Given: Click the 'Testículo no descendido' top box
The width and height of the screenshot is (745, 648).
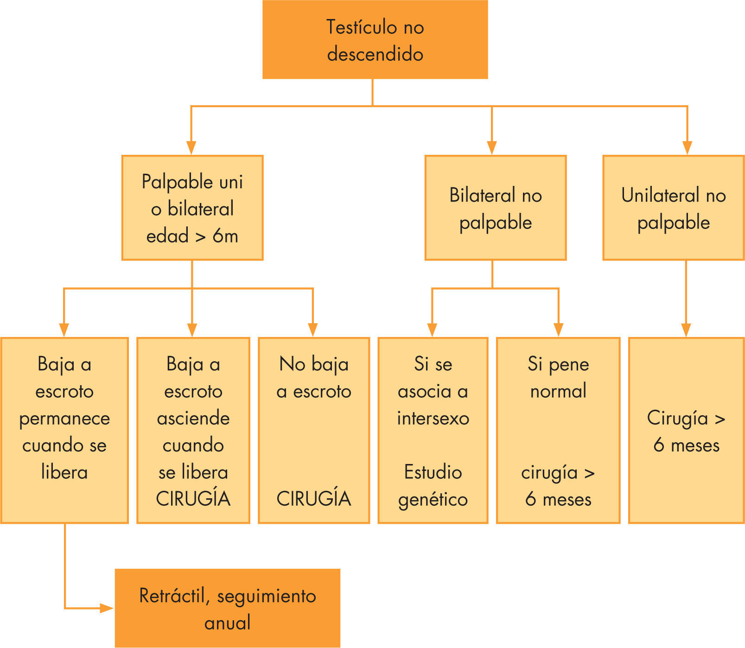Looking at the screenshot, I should coord(375,39).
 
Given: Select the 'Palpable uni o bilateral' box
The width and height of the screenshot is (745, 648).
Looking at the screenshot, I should coord(192,208).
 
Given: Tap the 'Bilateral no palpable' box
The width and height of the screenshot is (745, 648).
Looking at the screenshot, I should coord(495,208).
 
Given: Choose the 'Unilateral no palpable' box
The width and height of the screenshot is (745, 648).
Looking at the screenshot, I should coord(673,208).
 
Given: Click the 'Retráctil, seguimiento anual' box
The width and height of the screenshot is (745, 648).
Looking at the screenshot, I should coord(227,608).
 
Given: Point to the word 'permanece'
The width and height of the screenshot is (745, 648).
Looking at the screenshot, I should coord(64,419).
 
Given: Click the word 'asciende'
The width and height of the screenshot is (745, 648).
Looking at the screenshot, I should coord(193,419).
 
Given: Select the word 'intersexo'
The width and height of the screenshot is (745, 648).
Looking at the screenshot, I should coord(433,419).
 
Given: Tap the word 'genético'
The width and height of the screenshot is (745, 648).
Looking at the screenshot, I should coord(433,500).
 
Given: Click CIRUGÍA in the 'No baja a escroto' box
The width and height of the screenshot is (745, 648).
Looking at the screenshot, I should coord(314,499).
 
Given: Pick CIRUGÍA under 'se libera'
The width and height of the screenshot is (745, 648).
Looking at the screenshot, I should coord(193,499).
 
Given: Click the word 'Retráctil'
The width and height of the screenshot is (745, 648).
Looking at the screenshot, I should coord(172,596).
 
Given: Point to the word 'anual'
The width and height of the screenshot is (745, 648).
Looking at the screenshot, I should coord(227,623).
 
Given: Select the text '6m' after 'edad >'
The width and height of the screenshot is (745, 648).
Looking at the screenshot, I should coord(225,236).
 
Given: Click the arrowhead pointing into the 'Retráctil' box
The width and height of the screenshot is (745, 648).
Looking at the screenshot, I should coord(107,608).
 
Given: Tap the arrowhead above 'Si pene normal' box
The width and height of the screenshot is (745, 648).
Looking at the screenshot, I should coord(558,330).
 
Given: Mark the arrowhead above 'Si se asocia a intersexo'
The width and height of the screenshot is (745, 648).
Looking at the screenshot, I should coord(432,330).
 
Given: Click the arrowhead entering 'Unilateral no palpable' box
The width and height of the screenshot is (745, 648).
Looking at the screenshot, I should coord(687,147).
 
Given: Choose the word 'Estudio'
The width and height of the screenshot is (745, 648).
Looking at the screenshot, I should coord(433,472).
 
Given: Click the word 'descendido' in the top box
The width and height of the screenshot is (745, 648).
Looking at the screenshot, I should coord(375,54).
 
